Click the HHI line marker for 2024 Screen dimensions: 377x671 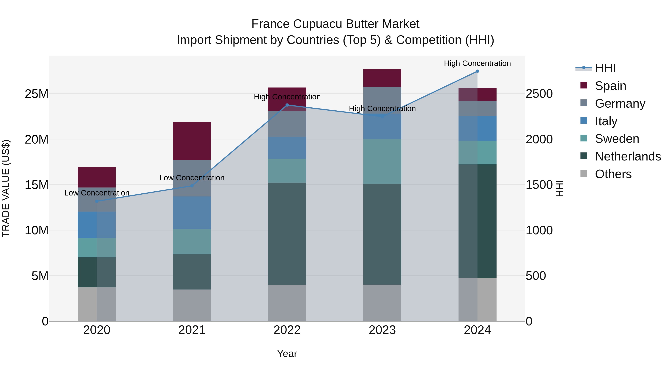pyautogui.click(x=477, y=71)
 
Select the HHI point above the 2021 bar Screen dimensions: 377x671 pyautogui.click(x=192, y=186)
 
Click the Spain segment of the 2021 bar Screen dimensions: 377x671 pyautogui.click(x=192, y=141)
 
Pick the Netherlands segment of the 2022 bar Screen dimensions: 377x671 pyautogui.click(x=287, y=234)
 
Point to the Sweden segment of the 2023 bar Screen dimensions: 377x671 pyautogui.click(x=382, y=161)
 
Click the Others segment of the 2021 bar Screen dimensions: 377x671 pyautogui.click(x=192, y=305)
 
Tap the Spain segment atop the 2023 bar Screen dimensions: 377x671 pyautogui.click(x=382, y=78)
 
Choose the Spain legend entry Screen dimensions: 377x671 pyautogui.click(x=610, y=86)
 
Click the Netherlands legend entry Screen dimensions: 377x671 pyautogui.click(x=628, y=156)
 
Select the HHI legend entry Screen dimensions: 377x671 pyautogui.click(x=605, y=68)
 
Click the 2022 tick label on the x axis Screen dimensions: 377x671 pyautogui.click(x=287, y=330)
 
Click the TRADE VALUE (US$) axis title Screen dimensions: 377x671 pyautogui.click(x=6, y=188)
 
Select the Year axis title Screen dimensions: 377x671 pyautogui.click(x=287, y=354)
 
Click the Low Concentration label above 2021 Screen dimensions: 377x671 pyautogui.click(x=192, y=178)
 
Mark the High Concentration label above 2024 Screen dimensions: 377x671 pyautogui.click(x=477, y=63)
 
